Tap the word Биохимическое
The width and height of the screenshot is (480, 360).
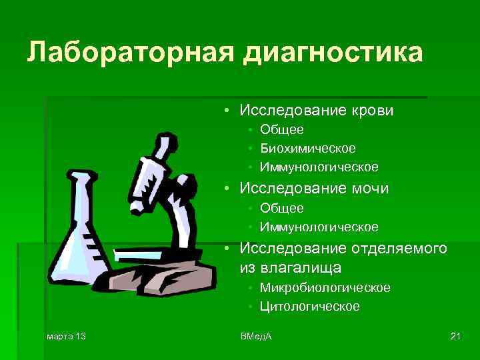coord(308,147)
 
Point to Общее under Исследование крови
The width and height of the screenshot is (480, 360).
coord(282,129)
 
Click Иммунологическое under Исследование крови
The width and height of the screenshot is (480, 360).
coord(319,167)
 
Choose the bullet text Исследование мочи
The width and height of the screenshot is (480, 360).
coord(314,189)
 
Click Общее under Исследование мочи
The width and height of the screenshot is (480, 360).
coord(282,209)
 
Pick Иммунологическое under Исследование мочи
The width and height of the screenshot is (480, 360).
coord(319,227)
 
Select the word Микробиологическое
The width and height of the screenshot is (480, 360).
coord(325,288)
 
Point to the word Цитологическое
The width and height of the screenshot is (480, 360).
coord(310,307)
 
